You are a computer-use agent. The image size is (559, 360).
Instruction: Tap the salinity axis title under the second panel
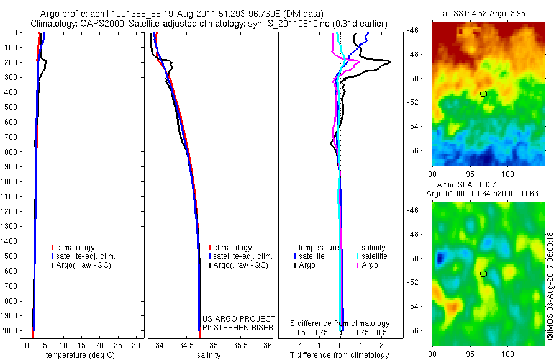click(x=208, y=355)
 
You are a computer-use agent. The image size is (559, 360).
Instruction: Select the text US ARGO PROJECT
click(x=239, y=318)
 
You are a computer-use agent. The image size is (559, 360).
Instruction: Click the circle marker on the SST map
click(x=483, y=94)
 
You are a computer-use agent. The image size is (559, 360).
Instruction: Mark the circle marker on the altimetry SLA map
click(x=483, y=274)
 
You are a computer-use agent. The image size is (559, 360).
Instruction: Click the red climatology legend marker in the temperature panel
click(x=52, y=248)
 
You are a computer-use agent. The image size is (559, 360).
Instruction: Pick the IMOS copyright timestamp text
click(x=550, y=286)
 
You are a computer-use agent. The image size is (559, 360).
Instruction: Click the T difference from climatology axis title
click(x=340, y=355)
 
